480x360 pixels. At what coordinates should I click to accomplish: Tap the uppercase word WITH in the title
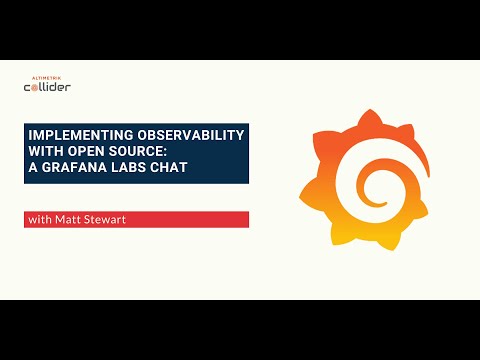click(x=44, y=151)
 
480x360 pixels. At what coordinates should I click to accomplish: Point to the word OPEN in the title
click(x=87, y=151)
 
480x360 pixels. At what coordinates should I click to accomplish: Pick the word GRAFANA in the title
click(x=73, y=166)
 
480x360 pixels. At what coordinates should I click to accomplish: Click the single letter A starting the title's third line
click(x=32, y=166)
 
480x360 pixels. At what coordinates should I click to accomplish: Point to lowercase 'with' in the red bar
click(x=38, y=220)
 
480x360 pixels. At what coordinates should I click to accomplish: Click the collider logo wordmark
click(x=47, y=87)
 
